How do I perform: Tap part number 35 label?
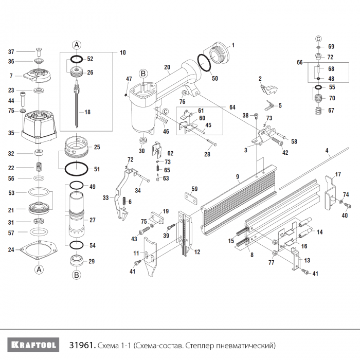pos(11,133)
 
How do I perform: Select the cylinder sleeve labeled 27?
pos(75,220)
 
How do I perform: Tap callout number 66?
pos(300,62)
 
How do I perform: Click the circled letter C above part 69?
pos(318,39)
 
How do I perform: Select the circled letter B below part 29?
pos(76,275)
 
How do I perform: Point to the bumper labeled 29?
pos(76,259)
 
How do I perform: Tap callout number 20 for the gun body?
pos(167,67)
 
